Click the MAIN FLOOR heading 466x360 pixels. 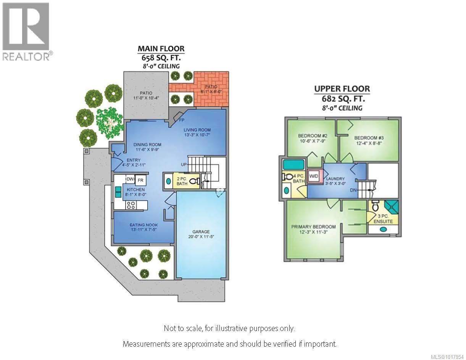(161, 49)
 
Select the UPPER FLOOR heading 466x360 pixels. (342, 90)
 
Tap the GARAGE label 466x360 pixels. (201, 232)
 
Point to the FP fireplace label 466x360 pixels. (182, 120)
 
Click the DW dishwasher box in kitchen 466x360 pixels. (130, 179)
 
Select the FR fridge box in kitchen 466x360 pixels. (140, 180)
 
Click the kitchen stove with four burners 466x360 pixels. (131, 205)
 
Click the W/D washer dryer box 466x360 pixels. (314, 176)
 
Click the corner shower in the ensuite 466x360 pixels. (390, 207)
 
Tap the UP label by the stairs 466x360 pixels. (184, 165)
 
